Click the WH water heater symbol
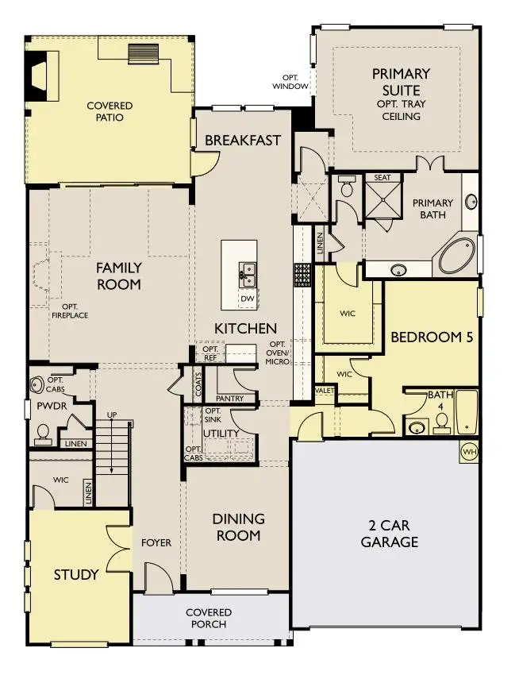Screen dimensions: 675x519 [x=468, y=451]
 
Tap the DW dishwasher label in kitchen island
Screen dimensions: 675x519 [x=248, y=298]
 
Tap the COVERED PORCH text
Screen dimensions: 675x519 [x=209, y=618]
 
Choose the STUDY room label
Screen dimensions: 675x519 [x=76, y=574]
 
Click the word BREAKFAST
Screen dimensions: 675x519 [x=243, y=141]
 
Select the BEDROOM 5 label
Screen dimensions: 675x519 [x=432, y=337]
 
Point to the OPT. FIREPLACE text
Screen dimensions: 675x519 [x=70, y=310]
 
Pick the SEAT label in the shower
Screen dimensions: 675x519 [x=383, y=178]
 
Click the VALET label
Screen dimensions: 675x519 [x=324, y=391]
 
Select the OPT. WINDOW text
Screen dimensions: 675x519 [x=290, y=82]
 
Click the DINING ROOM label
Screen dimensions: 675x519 [x=238, y=526]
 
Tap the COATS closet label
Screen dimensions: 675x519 [x=198, y=384]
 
